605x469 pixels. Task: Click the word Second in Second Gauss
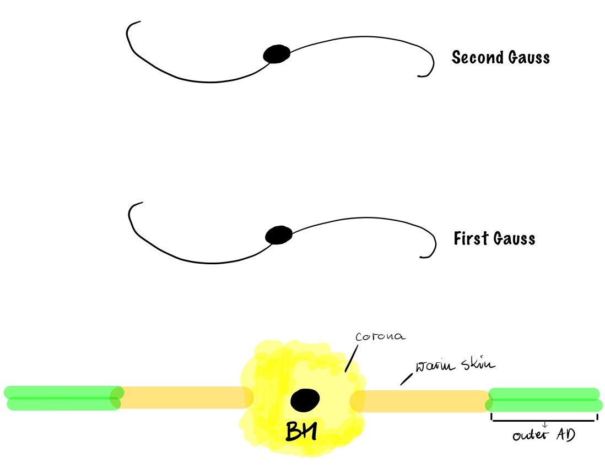pos(475,57)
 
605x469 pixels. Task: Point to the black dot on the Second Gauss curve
pos(277,54)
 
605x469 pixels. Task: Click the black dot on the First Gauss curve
pos(278,235)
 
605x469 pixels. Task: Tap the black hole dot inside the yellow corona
pos(305,400)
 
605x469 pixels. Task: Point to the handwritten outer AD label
pos(543,436)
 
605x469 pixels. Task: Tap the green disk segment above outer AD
pos(543,400)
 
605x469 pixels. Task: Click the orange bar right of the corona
pos(422,401)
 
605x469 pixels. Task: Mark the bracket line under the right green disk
pos(543,421)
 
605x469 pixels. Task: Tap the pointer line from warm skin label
pos(407,379)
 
